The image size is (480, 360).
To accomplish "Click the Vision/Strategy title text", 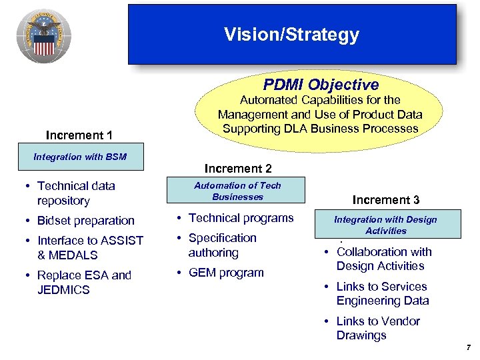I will point(291,35).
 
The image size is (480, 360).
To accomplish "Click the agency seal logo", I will point(44,37).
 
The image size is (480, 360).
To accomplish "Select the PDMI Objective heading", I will point(320,85).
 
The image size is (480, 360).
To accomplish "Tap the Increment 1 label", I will point(79,135).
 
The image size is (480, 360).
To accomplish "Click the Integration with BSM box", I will point(80,157).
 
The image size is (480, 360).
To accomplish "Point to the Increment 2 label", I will point(238,168).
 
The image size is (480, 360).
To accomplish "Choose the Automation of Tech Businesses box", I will point(237,191).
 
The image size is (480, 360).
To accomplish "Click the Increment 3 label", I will point(386,200).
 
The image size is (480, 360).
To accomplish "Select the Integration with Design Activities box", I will point(385,225).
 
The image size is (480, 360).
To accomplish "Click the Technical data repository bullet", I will point(76,193).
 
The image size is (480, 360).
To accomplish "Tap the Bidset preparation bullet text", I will point(86,221).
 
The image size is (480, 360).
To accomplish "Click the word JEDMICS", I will point(63,290).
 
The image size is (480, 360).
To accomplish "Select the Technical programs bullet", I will point(241,218).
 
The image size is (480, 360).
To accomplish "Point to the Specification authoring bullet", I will point(222,245).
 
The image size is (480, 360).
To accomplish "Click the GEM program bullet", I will point(226,273).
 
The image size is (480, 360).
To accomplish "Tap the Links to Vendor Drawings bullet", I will point(377,328).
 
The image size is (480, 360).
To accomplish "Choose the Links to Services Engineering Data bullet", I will point(382,293).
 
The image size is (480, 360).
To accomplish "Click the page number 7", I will point(469,347).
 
